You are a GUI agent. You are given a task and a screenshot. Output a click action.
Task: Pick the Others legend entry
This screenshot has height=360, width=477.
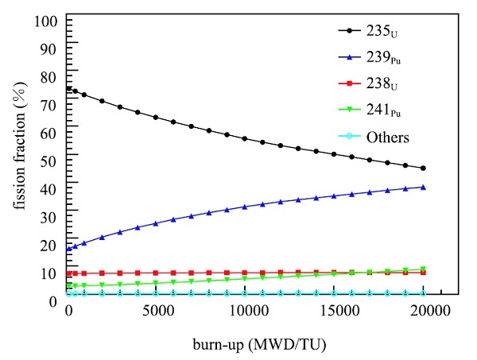click(x=387, y=137)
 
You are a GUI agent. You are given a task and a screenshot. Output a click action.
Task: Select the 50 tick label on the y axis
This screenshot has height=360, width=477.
click(x=51, y=160)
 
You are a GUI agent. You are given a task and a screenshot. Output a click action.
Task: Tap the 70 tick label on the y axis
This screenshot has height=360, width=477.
click(x=51, y=103)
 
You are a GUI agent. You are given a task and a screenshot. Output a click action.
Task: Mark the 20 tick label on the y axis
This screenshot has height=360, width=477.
click(x=51, y=245)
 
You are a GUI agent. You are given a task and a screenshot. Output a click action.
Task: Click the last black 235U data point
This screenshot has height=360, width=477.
click(x=423, y=168)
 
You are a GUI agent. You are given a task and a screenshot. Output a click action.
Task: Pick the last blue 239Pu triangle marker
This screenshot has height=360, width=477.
click(x=423, y=188)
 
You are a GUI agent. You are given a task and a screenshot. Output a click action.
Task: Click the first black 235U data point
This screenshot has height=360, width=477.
click(x=68, y=89)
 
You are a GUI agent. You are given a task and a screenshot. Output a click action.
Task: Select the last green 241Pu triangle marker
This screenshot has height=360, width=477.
click(x=423, y=269)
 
